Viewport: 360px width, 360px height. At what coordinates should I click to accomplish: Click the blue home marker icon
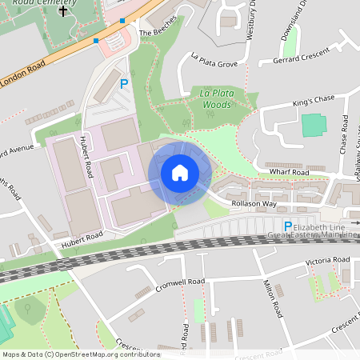[x=180, y=173]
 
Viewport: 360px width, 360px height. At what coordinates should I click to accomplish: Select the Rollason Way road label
[x=254, y=203]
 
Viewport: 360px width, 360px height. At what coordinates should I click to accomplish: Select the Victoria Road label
[x=327, y=261]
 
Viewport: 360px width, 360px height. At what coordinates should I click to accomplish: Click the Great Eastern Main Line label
[x=313, y=235]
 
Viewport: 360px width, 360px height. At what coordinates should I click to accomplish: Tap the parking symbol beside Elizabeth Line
[x=288, y=227]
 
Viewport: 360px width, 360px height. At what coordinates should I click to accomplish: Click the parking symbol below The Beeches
[x=124, y=83]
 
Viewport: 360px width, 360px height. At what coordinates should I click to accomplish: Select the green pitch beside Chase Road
[x=314, y=126]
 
